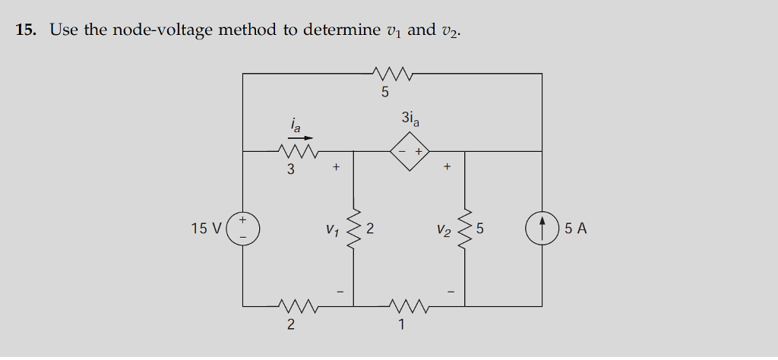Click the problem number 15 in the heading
(25, 30)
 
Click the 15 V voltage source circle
(243, 228)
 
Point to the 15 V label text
(206, 228)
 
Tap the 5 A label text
(576, 228)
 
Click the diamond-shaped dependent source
(410, 151)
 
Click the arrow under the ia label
(299, 138)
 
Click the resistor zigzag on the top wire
(394, 74)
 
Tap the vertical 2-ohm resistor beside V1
(353, 228)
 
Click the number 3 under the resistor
(290, 169)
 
